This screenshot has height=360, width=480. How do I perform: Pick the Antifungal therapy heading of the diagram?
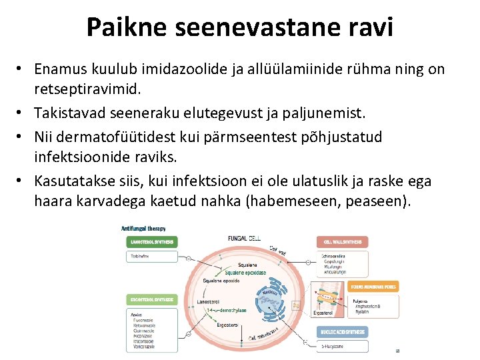[x=143, y=228]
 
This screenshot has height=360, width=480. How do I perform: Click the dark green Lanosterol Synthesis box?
[x=151, y=241]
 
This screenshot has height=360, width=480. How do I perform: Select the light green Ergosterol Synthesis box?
[x=151, y=300]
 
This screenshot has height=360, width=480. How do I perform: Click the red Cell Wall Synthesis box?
[x=343, y=241]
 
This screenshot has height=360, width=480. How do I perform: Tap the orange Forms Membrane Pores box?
[x=373, y=287]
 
